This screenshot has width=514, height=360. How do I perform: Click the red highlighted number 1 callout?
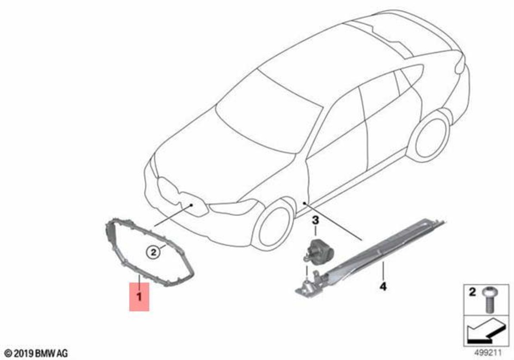139,297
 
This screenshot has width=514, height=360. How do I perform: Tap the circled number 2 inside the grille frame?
153,252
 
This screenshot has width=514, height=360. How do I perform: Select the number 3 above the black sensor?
315,220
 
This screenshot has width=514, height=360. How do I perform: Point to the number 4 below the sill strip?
383,286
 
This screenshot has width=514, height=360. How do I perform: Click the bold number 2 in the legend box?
472,292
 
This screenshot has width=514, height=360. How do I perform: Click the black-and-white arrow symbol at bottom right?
485,332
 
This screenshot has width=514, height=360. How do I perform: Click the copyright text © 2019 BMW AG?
37,353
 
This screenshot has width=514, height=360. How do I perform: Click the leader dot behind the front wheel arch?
304,203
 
